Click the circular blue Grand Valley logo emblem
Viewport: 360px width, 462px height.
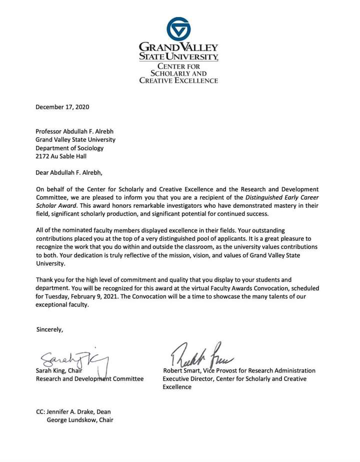coord(178,29)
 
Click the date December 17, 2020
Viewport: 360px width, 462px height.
coord(62,107)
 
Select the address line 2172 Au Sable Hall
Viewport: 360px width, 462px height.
coord(61,156)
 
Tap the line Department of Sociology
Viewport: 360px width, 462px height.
coord(69,148)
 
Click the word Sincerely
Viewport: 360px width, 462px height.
coord(50,329)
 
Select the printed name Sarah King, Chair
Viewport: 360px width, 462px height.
coord(59,371)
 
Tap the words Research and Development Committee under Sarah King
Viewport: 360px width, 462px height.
coord(89,379)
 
